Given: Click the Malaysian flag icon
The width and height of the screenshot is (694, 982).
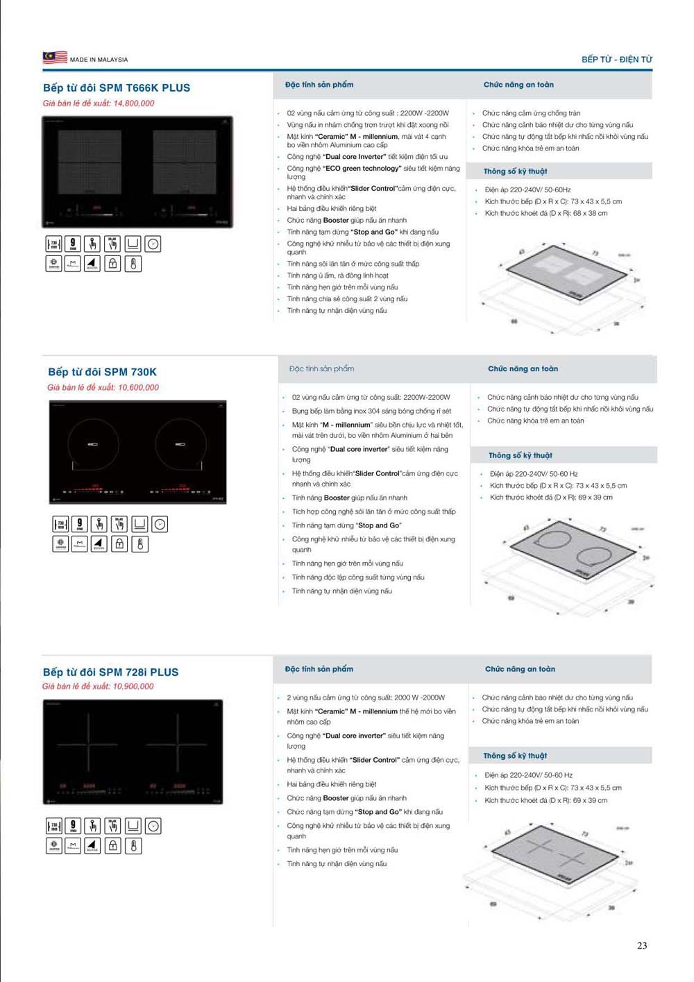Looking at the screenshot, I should [x=55, y=58].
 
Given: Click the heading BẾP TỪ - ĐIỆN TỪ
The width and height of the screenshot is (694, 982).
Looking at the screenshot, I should [x=616, y=60].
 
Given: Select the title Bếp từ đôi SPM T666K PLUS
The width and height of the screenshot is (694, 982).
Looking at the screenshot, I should [x=117, y=88].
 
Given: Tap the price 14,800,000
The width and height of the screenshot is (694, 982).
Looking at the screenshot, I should [x=134, y=103].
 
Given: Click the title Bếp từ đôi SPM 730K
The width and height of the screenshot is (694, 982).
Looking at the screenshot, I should [x=103, y=372].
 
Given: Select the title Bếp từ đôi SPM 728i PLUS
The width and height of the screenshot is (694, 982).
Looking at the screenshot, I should [x=111, y=672].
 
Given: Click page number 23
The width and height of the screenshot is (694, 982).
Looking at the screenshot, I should [x=642, y=945].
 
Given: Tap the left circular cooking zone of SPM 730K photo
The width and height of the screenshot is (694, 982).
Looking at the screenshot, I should [x=93, y=444].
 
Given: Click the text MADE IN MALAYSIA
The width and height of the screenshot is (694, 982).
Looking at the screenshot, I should [x=99, y=60].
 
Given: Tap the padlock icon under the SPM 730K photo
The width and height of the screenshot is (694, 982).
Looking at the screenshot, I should [x=119, y=544].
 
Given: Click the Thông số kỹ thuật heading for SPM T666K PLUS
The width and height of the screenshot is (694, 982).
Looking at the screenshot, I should [x=515, y=171].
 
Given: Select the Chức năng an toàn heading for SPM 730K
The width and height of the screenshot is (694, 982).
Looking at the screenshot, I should [x=523, y=369].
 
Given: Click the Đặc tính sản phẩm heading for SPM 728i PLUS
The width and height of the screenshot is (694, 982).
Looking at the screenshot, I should [x=319, y=670].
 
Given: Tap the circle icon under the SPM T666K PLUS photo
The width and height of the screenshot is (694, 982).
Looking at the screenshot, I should [x=153, y=244].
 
